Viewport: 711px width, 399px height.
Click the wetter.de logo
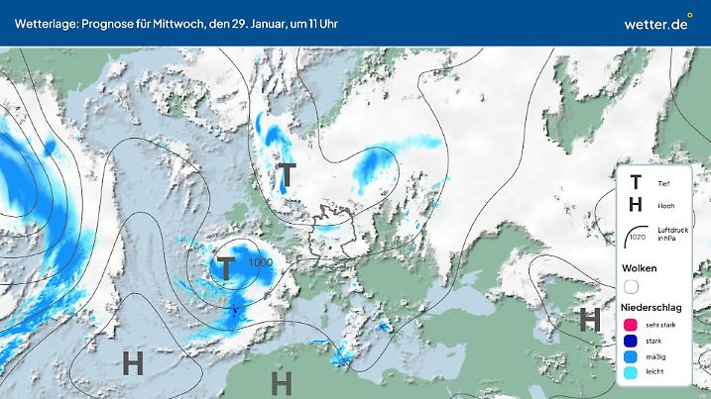pyautogui.click(x=656, y=22)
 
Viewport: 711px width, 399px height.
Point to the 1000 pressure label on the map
pyautogui.click(x=262, y=262)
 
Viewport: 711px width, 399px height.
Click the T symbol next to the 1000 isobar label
pyautogui.click(x=226, y=267)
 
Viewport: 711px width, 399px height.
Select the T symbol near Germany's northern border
pyautogui.click(x=286, y=175)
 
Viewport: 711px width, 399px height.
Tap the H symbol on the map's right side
pyautogui.click(x=590, y=319)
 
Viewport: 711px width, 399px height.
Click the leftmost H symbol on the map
pyautogui.click(x=133, y=363)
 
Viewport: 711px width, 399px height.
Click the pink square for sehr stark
pyautogui.click(x=630, y=325)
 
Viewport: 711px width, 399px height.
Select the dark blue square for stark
pyautogui.click(x=630, y=341)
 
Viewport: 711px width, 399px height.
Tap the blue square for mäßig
pyautogui.click(x=630, y=356)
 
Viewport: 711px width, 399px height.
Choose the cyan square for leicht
pyautogui.click(x=630, y=372)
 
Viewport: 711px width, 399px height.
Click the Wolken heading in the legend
pyautogui.click(x=640, y=268)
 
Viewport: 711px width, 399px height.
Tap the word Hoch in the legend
pyautogui.click(x=665, y=206)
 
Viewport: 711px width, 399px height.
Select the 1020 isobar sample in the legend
pyautogui.click(x=636, y=236)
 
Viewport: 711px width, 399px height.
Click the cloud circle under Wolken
pyautogui.click(x=631, y=287)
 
